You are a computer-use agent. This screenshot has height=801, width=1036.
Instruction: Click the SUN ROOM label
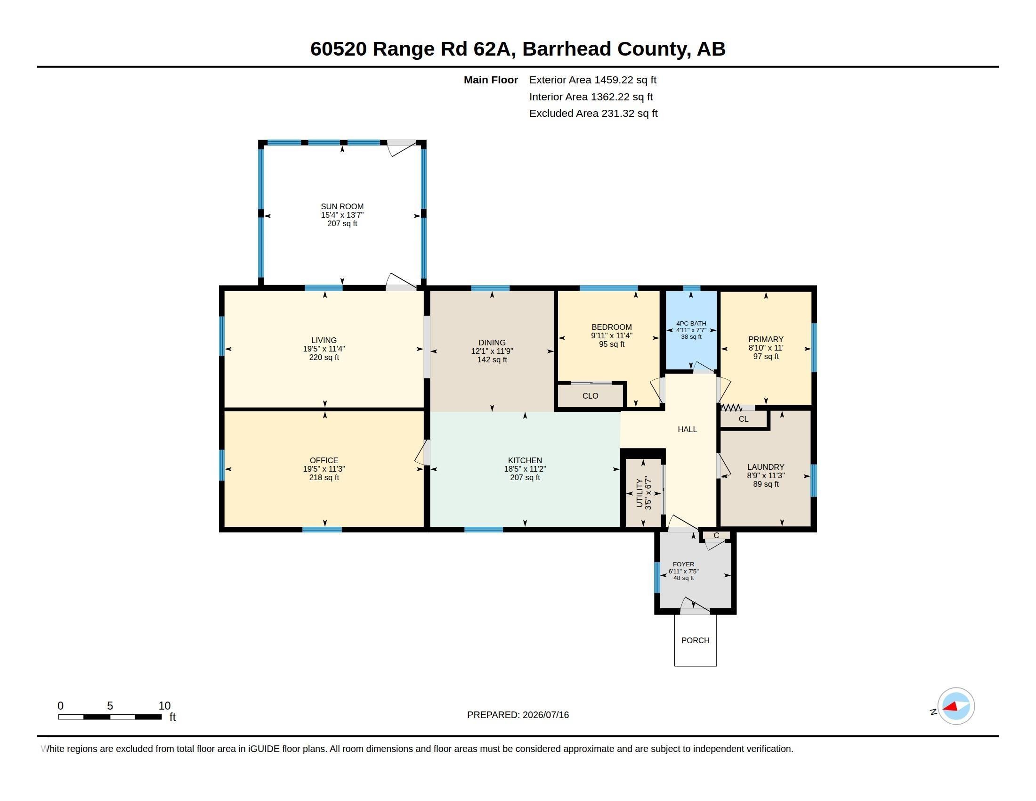pos(342,206)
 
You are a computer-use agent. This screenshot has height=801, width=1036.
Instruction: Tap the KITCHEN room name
pos(525,460)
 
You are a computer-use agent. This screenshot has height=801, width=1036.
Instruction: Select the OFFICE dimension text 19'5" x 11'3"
pos(324,469)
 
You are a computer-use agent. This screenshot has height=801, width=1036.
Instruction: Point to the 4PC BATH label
pos(691,324)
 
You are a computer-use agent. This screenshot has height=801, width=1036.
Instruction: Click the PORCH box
pos(696,640)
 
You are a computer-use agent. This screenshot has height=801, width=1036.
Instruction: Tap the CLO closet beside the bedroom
pos(590,396)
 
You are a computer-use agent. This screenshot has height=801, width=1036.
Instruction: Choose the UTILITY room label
pos(639,493)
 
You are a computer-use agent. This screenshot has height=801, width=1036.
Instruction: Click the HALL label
pos(688,429)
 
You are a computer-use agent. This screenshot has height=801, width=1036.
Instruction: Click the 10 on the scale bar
pos(165,706)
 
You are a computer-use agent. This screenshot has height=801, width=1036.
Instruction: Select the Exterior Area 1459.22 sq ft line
pos(592,80)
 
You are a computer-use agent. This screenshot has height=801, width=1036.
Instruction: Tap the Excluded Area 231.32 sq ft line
pos(593,114)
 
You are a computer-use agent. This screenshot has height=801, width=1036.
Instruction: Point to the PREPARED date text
pos(518,715)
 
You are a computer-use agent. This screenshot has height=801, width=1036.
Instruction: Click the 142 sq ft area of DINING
pos(492,360)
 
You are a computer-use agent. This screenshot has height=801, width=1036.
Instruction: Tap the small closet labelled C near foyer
pos(716,535)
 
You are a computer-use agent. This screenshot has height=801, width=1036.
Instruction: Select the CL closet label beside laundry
pos(743,419)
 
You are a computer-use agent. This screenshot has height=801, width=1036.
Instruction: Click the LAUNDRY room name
pos(766,467)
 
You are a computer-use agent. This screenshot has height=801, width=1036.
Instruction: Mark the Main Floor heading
pos(491,80)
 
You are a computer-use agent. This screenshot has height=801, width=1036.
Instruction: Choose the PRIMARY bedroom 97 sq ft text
pos(766,356)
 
